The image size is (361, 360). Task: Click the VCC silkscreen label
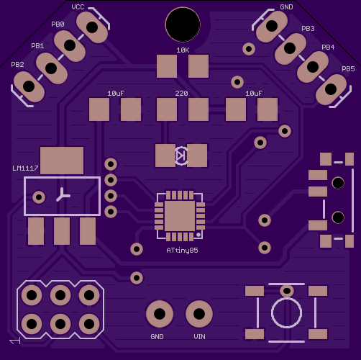coord(78,7)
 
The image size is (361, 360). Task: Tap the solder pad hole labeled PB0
coord(70,45)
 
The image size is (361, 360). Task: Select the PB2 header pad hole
coord(29,86)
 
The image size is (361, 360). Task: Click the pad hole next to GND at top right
coord(272,26)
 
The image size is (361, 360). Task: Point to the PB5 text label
coord(348,69)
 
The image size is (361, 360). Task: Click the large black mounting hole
coord(183,24)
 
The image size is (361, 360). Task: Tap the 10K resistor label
coord(183,50)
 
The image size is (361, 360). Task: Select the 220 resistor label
coord(181,94)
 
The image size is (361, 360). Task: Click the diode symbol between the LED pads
coord(181,156)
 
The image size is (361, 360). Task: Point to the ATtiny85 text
coord(182,251)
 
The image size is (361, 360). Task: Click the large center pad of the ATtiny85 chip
coord(180,216)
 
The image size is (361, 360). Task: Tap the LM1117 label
coord(25,168)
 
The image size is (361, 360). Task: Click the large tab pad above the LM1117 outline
coord(62,161)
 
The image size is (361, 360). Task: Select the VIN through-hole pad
coord(199,314)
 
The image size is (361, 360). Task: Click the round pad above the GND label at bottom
coord(160,314)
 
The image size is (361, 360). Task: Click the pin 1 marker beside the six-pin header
coord(15,341)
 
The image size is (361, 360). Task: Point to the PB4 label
coord(328,48)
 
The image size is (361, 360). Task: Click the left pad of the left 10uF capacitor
coord(99,109)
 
